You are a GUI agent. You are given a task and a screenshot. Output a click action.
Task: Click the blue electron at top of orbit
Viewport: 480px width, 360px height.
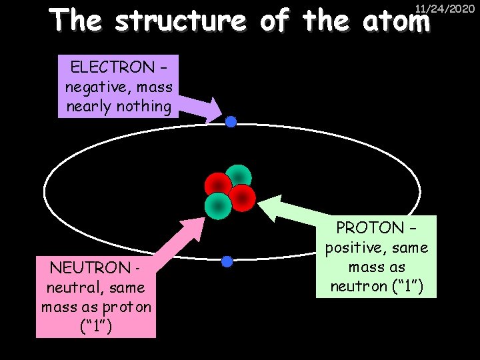coord(231,122)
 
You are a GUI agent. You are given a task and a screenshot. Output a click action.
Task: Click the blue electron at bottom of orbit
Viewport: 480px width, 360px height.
coord(227,261)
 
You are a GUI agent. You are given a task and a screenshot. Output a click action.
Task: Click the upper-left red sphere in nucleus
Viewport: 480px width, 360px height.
coord(217,185)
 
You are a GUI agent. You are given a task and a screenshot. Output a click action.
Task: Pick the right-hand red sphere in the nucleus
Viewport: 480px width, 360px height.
coord(242,197)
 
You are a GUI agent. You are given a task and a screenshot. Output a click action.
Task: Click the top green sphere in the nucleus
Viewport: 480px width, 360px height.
coord(238,177)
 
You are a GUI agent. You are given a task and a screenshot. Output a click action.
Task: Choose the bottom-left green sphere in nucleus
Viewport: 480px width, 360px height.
coord(218,205)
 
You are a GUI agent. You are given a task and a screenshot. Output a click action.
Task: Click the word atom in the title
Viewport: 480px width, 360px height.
coord(397,22)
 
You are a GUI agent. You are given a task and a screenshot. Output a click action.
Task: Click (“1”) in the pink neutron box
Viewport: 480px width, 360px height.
coord(97,327)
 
